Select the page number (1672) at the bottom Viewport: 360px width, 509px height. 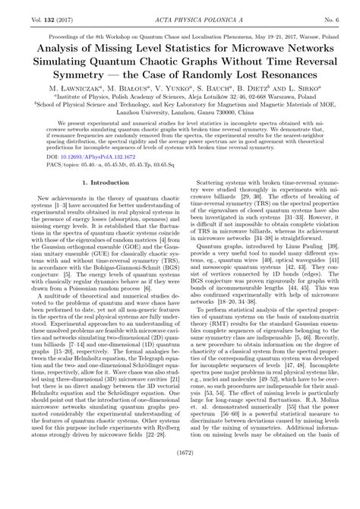coord(179,494)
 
